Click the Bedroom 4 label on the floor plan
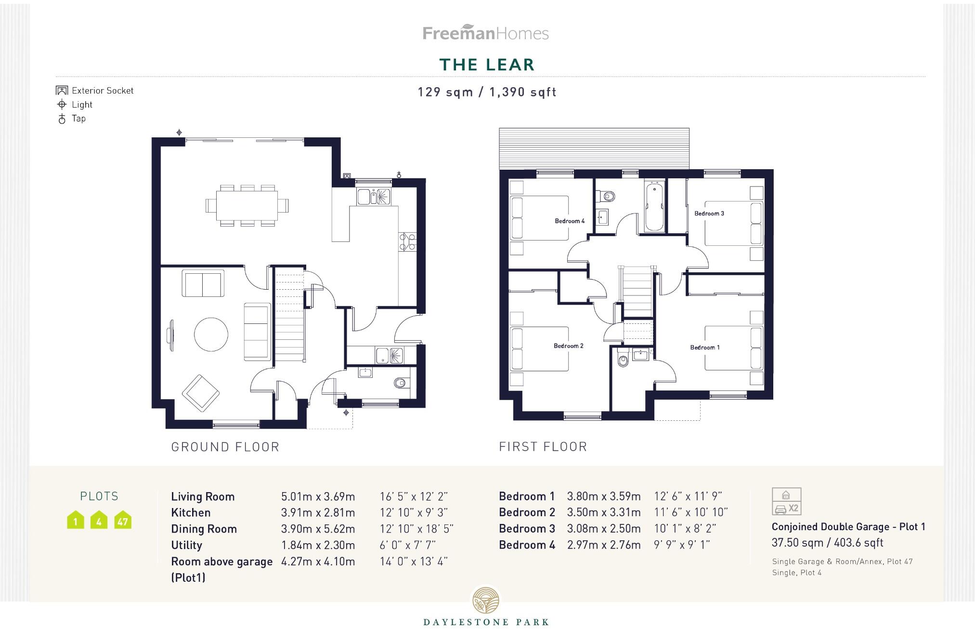click(x=570, y=221)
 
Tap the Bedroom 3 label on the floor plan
click(x=709, y=214)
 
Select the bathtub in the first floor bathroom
click(x=653, y=206)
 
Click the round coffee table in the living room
click(x=211, y=334)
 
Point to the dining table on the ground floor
click(x=247, y=205)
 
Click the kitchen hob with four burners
click(x=407, y=241)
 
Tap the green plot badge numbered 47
click(x=123, y=520)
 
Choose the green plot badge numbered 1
click(x=76, y=520)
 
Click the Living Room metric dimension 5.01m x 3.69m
click(x=318, y=496)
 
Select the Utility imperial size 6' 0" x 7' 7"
click(x=408, y=545)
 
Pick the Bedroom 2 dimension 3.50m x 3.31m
click(x=604, y=512)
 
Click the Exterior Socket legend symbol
click(x=62, y=91)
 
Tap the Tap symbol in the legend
click(x=62, y=119)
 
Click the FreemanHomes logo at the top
click(x=485, y=33)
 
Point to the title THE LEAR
click(x=487, y=65)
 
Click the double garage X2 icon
click(x=786, y=501)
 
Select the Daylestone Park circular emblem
click(x=485, y=600)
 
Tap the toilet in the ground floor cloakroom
click(x=400, y=383)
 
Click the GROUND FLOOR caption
click(x=225, y=447)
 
